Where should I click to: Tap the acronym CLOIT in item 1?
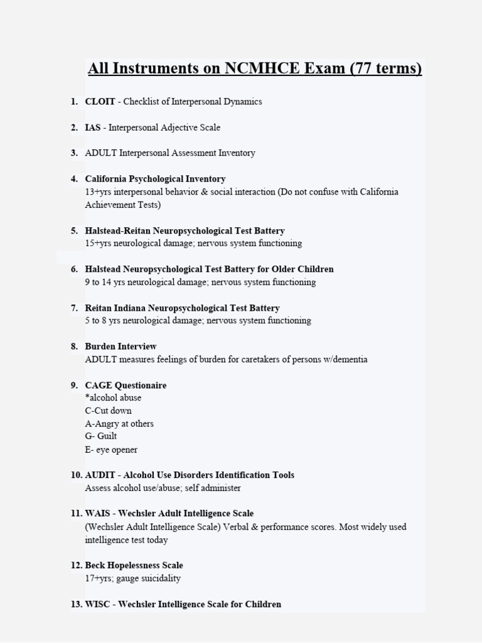[x=100, y=102]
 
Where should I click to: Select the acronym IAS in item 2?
[x=94, y=127]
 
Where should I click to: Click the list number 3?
[x=74, y=153]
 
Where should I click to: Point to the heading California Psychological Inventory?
[x=155, y=179]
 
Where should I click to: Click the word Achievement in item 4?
[x=110, y=205]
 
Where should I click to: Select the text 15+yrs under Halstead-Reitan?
[x=98, y=243]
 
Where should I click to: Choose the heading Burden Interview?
[x=120, y=347]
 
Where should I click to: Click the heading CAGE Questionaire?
[x=126, y=386]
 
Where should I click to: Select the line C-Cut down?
[x=108, y=411]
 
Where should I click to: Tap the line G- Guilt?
[x=100, y=436]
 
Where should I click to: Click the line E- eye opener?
[x=111, y=450]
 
